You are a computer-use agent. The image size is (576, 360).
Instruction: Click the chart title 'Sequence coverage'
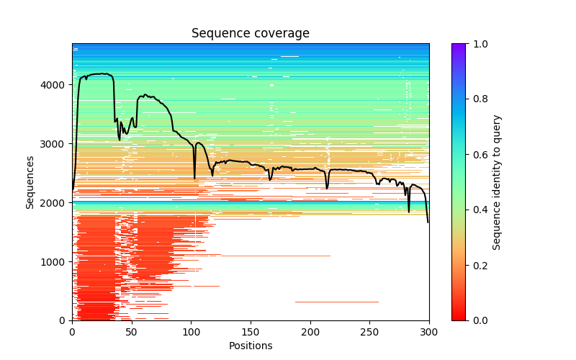251,34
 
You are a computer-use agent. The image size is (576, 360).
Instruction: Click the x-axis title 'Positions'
251,346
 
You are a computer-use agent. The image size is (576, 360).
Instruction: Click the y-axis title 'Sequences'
30,182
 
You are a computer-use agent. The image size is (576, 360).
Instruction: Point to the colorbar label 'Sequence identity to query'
497,182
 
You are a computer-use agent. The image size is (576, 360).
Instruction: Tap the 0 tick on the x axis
72,331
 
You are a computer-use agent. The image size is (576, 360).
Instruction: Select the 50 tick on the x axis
132,331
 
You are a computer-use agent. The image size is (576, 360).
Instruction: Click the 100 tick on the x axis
191,331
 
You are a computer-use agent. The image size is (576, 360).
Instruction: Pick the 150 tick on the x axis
251,331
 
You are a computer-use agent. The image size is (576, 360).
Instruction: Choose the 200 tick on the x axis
310,331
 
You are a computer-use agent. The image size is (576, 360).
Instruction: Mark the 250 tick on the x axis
369,331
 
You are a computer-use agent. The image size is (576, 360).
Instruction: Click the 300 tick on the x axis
429,331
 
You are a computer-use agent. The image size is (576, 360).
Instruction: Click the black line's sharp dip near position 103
194,178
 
